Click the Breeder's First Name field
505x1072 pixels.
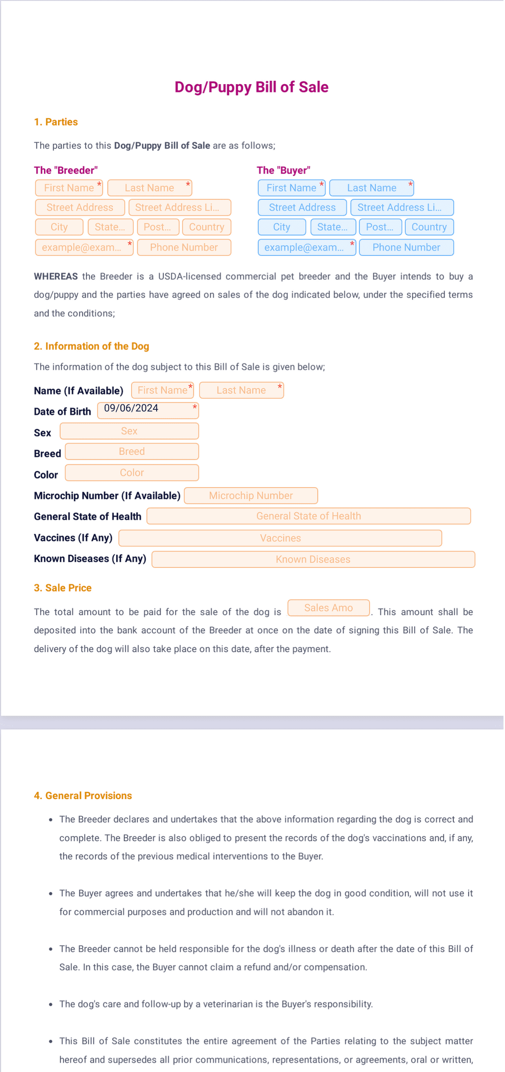69,188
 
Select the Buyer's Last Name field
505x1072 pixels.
371,188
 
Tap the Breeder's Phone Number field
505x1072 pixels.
184,247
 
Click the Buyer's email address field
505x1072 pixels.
307,247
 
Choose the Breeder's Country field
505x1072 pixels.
207,227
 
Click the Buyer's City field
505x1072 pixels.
282,227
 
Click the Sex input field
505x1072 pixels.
129,431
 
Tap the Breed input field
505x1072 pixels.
132,451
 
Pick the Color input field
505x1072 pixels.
132,473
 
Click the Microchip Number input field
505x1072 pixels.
251,495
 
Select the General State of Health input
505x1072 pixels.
309,516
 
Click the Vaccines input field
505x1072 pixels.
280,538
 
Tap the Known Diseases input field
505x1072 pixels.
313,559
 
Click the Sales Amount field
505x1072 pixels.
328,608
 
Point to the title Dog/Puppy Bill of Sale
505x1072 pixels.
252,87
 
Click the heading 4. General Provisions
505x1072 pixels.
83,796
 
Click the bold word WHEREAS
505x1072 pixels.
56,277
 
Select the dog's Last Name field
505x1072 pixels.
241,390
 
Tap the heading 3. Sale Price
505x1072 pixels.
63,588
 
